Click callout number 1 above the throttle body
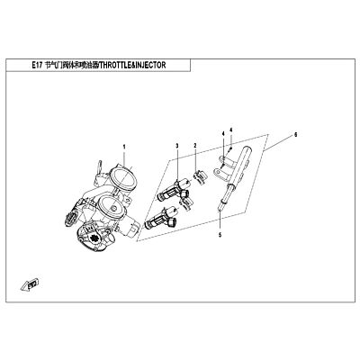[124, 147]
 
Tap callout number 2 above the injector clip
[195, 146]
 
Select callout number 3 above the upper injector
[177, 146]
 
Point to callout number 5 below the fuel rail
[220, 235]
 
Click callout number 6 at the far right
[295, 135]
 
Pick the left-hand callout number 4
[223, 132]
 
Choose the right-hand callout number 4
[231, 130]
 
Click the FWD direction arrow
[30, 284]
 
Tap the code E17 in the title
[37, 66]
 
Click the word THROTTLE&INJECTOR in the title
[132, 66]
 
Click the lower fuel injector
[161, 219]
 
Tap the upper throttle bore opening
[123, 181]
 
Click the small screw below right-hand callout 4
[231, 148]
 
